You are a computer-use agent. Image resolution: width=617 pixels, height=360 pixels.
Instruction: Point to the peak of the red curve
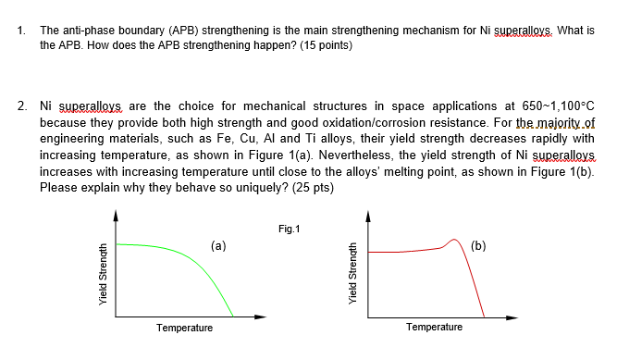tap(455, 241)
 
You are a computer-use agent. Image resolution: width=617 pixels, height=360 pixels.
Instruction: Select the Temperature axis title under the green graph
tap(184, 328)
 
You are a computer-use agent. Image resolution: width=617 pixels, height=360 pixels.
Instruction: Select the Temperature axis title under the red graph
tap(435, 328)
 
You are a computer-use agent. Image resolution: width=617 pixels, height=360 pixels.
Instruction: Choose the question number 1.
tap(21, 31)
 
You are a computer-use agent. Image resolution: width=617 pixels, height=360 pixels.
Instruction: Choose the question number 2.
tap(21, 106)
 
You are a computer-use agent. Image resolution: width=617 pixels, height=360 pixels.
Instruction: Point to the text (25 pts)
tap(311, 188)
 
